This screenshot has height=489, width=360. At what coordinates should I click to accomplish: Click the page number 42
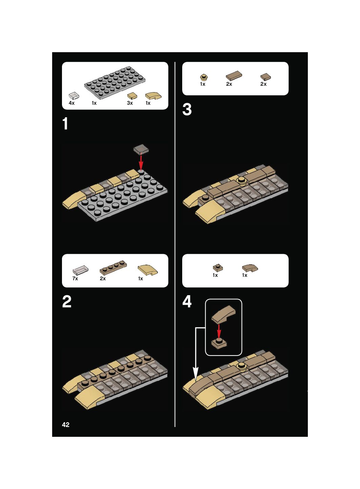pyautogui.click(x=66, y=425)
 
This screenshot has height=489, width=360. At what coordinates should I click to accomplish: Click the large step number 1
pyautogui.click(x=65, y=124)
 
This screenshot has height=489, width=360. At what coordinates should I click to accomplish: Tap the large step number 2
pyautogui.click(x=67, y=302)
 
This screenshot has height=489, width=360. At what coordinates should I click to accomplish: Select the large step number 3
pyautogui.click(x=187, y=109)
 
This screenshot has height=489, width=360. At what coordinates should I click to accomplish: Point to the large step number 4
pyautogui.click(x=187, y=302)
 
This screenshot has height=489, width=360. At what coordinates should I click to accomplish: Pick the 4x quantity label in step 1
pyautogui.click(x=71, y=103)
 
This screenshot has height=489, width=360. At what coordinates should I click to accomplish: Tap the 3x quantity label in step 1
pyautogui.click(x=130, y=103)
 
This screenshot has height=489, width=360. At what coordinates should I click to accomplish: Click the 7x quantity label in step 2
pyautogui.click(x=75, y=279)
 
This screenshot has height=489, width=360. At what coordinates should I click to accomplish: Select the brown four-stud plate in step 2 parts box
pyautogui.click(x=113, y=267)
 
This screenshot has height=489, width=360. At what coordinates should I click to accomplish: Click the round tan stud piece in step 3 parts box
pyautogui.click(x=204, y=78)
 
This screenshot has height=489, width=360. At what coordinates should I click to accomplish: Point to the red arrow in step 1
pyautogui.click(x=141, y=162)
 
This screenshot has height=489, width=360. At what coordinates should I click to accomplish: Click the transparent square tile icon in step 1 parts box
pyautogui.click(x=74, y=96)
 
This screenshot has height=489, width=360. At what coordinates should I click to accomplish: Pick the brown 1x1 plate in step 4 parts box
pyautogui.click(x=218, y=267)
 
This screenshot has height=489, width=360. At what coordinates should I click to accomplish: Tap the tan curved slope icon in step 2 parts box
pyautogui.click(x=148, y=270)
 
